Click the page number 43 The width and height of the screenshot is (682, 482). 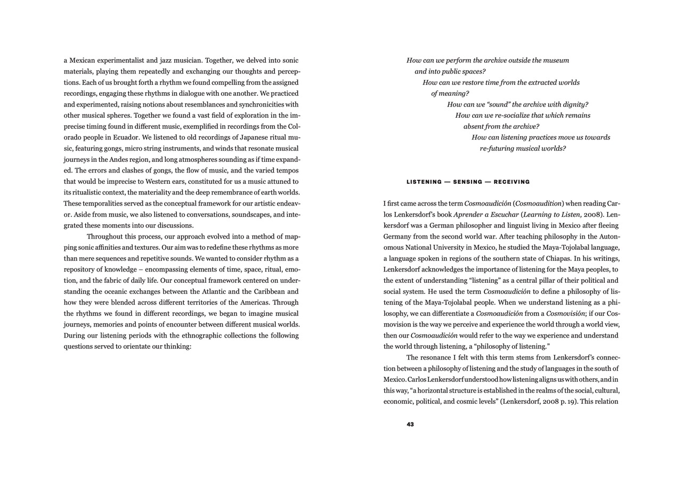410,424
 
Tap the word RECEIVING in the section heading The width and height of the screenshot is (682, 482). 511,182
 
